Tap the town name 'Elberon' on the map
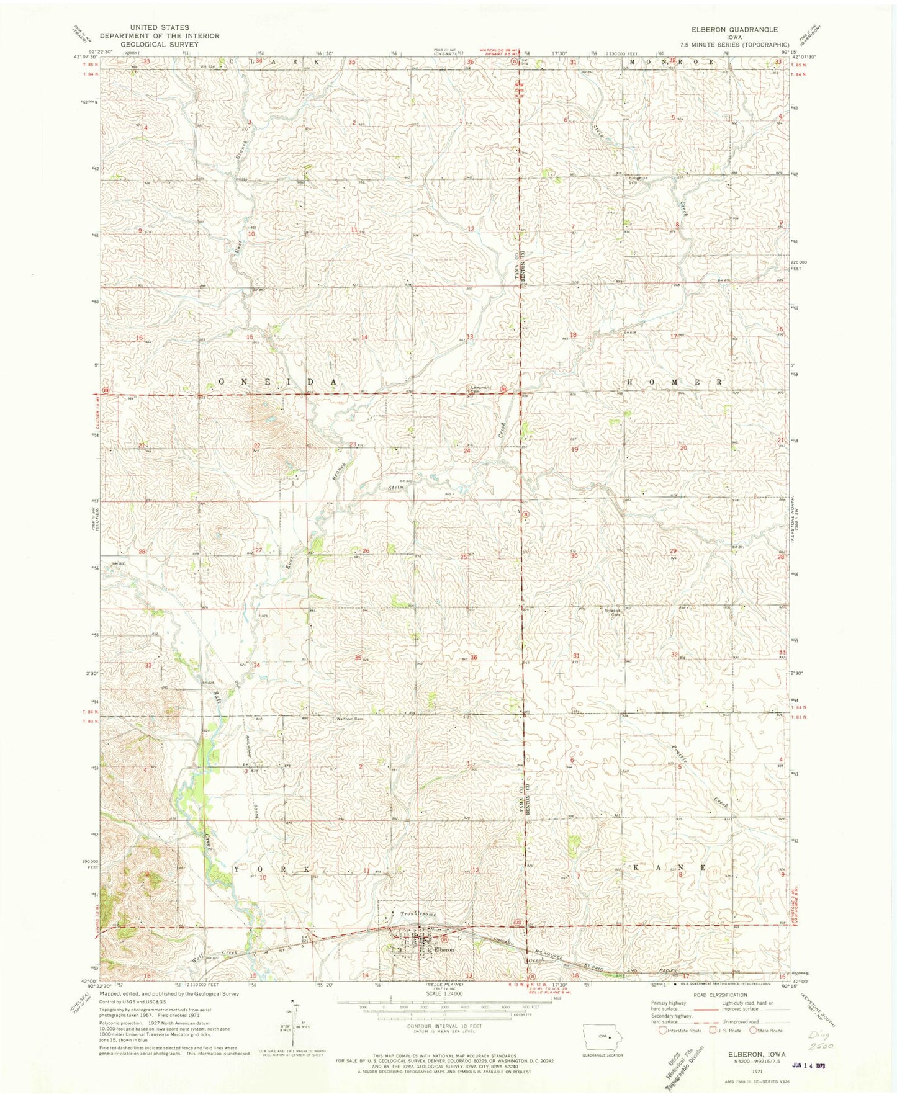[x=444, y=949]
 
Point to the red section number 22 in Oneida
[x=256, y=446]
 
